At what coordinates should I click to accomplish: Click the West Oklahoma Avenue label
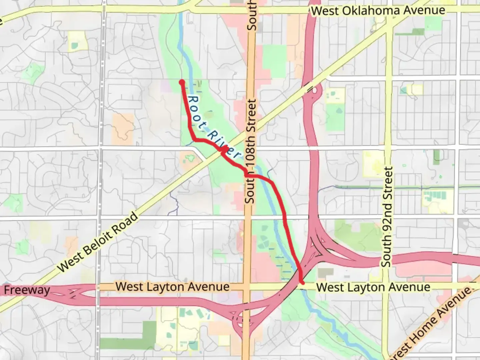coord(378,11)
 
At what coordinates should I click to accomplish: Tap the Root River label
coord(213,127)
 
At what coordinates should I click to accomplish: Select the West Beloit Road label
coord(97,242)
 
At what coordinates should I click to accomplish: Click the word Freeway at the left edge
coord(27,290)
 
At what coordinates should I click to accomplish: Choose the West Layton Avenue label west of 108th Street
coord(172,287)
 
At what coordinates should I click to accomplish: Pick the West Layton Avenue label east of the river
coord(373,287)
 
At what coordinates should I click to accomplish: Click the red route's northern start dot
coord(182,82)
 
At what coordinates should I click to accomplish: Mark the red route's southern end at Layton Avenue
coord(302,283)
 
